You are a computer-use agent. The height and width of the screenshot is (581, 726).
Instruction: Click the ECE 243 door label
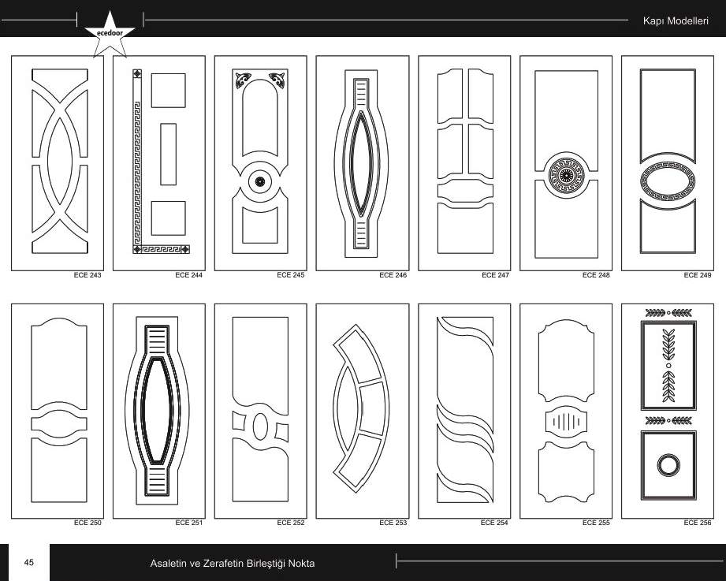pyautogui.click(x=87, y=275)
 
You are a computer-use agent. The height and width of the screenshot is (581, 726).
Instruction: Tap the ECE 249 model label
pyautogui.click(x=698, y=275)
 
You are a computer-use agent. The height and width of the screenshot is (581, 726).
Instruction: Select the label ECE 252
pyautogui.click(x=291, y=523)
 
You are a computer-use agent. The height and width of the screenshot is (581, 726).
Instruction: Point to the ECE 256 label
pyautogui.click(x=698, y=523)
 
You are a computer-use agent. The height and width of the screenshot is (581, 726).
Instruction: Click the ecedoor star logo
pyautogui.click(x=110, y=34)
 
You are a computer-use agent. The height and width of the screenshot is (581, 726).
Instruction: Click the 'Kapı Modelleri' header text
pyautogui.click(x=676, y=20)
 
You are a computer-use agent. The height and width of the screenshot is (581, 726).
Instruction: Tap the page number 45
pyautogui.click(x=28, y=563)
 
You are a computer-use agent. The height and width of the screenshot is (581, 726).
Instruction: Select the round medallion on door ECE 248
pyautogui.click(x=566, y=175)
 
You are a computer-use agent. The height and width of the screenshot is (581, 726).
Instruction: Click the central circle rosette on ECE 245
pyautogui.click(x=260, y=181)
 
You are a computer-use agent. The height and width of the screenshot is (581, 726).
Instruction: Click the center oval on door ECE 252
pyautogui.click(x=260, y=426)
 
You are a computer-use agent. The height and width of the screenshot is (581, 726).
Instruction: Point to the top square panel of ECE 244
pyautogui.click(x=168, y=91)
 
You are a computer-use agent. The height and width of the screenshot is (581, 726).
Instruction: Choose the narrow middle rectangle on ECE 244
pyautogui.click(x=168, y=155)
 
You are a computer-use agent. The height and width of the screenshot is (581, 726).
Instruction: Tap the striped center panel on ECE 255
pyautogui.click(x=566, y=421)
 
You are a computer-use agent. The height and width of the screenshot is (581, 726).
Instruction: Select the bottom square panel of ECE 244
pyautogui.click(x=168, y=218)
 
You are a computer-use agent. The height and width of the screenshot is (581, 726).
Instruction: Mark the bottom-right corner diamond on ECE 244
pyautogui.click(x=184, y=250)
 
